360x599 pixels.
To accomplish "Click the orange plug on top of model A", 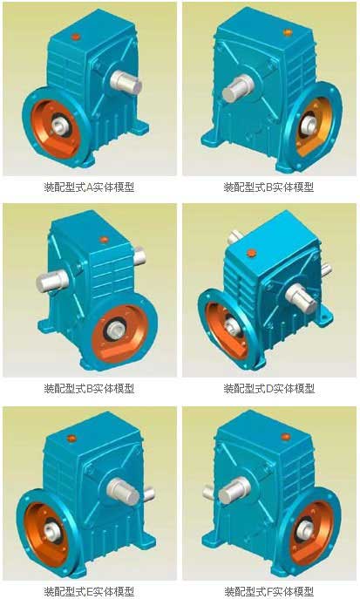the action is (76, 37).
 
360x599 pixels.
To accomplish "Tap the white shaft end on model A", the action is (126, 83).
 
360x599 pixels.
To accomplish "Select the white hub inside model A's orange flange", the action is (59, 126).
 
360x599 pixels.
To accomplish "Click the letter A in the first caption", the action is (89, 187).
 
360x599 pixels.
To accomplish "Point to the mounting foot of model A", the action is (139, 126).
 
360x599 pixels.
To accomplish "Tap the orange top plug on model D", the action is (251, 253).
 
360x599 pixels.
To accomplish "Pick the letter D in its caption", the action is (269, 389).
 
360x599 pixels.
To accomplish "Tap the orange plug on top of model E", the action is (71, 439).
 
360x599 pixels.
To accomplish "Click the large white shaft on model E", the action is (123, 491).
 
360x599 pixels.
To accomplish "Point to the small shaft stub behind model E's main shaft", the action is (149, 493).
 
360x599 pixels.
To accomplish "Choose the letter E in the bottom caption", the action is (89, 591).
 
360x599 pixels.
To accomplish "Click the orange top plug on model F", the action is (286, 437).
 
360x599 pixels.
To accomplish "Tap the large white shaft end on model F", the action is (234, 490).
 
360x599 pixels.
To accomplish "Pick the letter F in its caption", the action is (268, 591).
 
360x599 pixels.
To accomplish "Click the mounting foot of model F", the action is (213, 540).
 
